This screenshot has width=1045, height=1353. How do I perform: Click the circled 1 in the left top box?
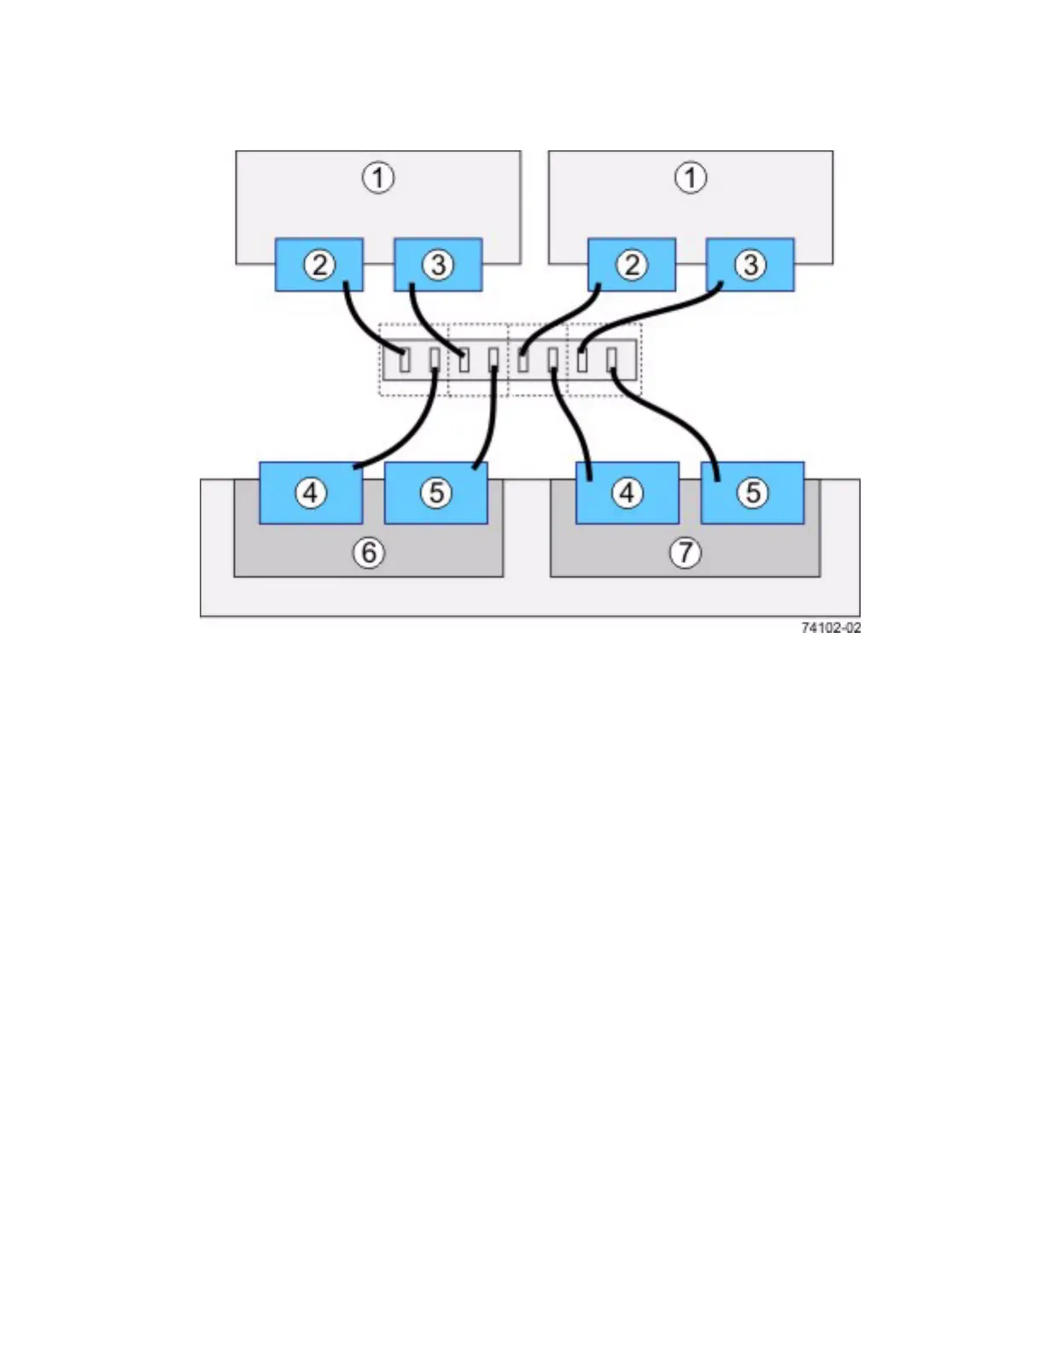378,178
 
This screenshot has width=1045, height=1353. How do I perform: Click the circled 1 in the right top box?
691,178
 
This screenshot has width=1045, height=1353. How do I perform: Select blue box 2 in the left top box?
319,265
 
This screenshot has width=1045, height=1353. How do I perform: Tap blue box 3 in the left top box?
438,265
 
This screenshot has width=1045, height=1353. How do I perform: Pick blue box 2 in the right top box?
632,265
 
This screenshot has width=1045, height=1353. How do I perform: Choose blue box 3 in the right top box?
750,265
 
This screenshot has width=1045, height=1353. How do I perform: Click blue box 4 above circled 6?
311,493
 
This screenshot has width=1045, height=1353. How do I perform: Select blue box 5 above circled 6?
436,493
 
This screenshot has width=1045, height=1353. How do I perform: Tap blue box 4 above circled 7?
628,493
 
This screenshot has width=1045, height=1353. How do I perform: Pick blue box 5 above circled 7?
752,493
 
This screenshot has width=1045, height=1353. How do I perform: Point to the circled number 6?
369,553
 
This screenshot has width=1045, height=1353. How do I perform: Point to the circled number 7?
685,553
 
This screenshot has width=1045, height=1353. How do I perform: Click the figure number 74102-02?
831,628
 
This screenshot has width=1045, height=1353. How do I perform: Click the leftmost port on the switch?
405,360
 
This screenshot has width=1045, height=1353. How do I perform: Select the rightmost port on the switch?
611,360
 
